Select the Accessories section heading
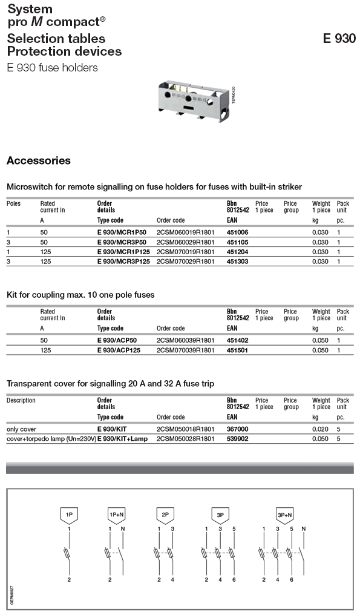point(38,161)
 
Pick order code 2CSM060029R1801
point(185,242)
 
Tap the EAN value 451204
point(237,252)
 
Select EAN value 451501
point(237,350)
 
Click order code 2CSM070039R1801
point(185,350)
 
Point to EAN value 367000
point(237,429)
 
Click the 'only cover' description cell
point(21,429)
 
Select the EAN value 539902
point(237,439)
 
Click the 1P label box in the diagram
point(70,515)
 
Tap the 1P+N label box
point(116,515)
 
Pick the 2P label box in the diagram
point(165,515)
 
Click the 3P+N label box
point(284,515)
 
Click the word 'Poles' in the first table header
point(13,204)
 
